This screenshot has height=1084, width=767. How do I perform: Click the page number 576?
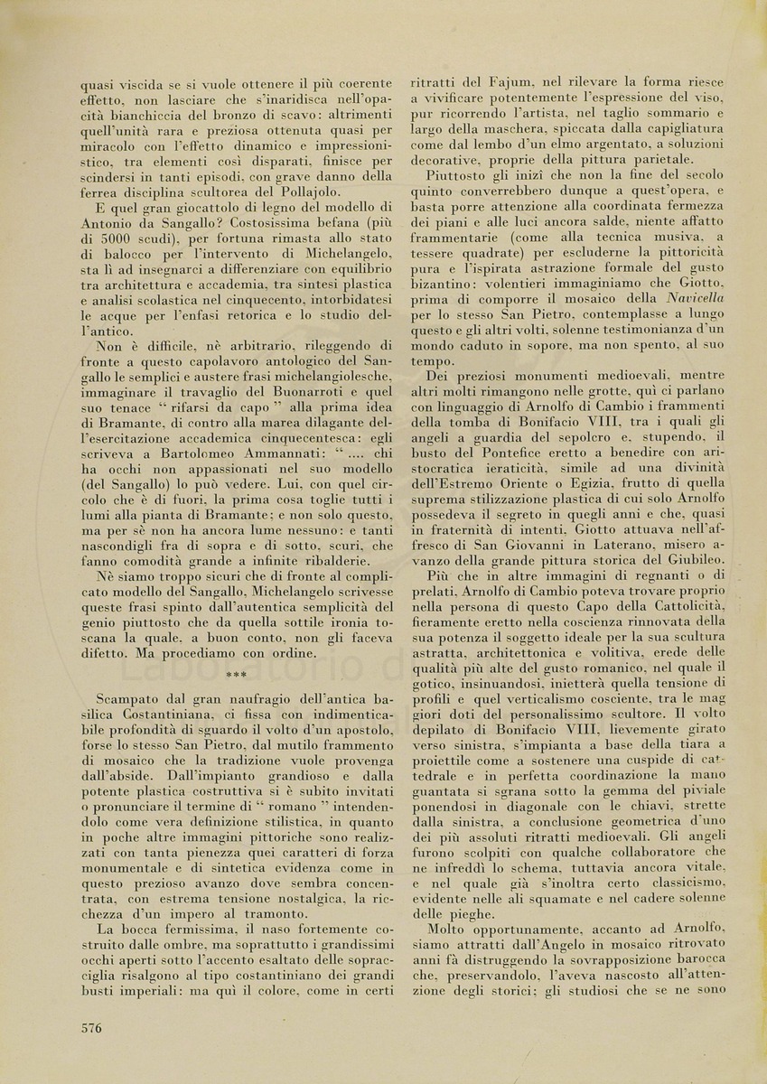coord(92,1027)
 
